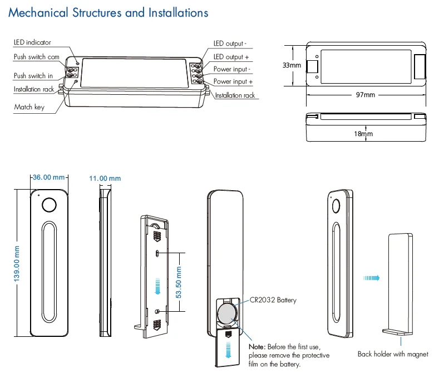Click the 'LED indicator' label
(x=32, y=42)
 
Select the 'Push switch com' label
(x=37, y=57)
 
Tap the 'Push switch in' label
(x=33, y=76)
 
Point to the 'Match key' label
(x=29, y=107)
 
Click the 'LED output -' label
(x=230, y=43)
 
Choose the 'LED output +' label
(x=231, y=57)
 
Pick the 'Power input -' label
(x=233, y=69)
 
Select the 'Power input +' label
(x=233, y=82)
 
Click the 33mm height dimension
(x=292, y=65)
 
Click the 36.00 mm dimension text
(x=49, y=177)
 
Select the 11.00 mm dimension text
(x=105, y=178)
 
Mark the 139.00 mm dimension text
(x=17, y=263)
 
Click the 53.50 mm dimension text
(x=179, y=282)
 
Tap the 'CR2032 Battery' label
(x=273, y=300)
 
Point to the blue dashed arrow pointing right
(x=369, y=278)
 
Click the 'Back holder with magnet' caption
(x=393, y=354)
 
